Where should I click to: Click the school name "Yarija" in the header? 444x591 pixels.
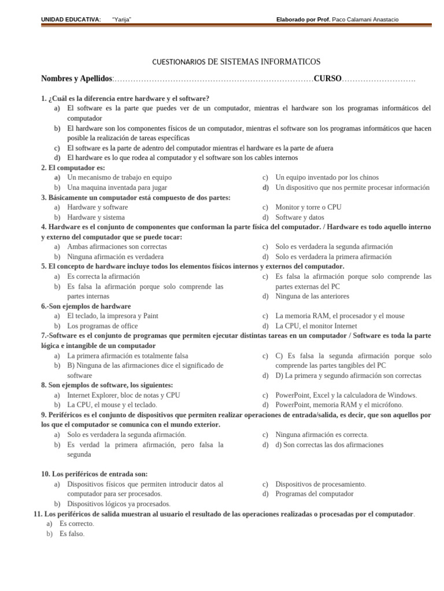coord(121,20)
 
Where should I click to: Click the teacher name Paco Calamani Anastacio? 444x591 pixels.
coord(365,20)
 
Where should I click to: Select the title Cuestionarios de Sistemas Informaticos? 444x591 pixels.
coord(236,62)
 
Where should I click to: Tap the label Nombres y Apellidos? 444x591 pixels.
coord(77,78)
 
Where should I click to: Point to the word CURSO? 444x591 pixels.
coord(327,78)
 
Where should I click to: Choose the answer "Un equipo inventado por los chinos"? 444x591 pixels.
coord(327,178)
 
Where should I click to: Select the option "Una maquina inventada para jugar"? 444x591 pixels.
coord(117,188)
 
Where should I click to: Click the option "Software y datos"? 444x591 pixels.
coord(299,217)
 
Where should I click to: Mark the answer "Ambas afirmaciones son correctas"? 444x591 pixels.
coord(117,246)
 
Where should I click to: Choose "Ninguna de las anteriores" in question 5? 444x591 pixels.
coord(312,296)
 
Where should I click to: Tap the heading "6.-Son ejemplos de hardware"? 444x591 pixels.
coord(86,306)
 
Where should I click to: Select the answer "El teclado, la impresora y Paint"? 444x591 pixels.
coord(112,316)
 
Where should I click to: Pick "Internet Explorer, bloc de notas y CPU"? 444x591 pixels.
coord(123,395)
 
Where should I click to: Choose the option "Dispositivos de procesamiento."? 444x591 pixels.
coord(320,484)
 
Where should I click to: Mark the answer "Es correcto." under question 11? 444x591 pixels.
coord(76,523)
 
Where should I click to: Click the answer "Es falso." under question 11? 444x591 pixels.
coord(72,534)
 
